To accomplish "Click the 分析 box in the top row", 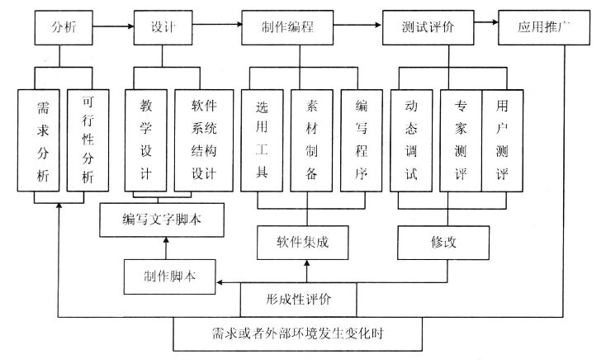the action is pyautogui.click(x=64, y=27).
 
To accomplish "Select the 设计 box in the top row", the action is pyautogui.click(x=163, y=27).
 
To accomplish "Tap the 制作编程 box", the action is pyautogui.click(x=287, y=27).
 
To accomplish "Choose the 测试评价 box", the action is pyautogui.click(x=428, y=27).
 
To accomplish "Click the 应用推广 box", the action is pyautogui.click(x=544, y=27).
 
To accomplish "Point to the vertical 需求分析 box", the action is pyautogui.click(x=39, y=140).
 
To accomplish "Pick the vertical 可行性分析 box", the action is pyautogui.click(x=88, y=140).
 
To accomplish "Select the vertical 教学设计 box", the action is pyautogui.click(x=146, y=140).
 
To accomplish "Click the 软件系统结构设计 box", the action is pyautogui.click(x=204, y=140).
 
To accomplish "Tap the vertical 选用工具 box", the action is pyautogui.click(x=262, y=140).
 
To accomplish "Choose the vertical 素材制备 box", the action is pyautogui.click(x=311, y=140).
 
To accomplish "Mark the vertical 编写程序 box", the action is pyautogui.click(x=362, y=140).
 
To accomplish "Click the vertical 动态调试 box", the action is pyautogui.click(x=411, y=140).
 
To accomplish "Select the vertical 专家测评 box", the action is pyautogui.click(x=461, y=140).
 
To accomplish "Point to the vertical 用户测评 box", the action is pyautogui.click(x=503, y=140).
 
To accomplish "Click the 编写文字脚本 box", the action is pyautogui.click(x=162, y=220).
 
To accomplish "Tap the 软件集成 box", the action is pyautogui.click(x=303, y=243).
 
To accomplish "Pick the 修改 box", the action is pyautogui.click(x=443, y=243).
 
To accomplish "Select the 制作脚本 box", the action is pyautogui.click(x=170, y=277).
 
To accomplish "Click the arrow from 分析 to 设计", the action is pyautogui.click(x=114, y=26).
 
